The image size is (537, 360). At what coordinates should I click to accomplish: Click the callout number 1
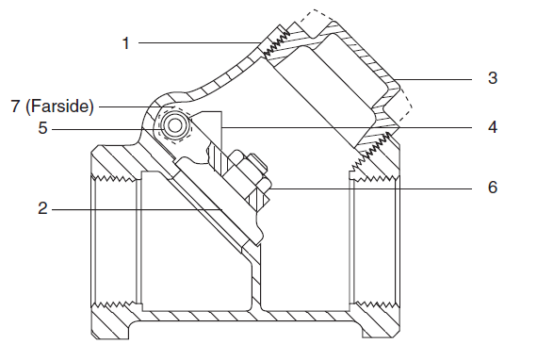(x=126, y=43)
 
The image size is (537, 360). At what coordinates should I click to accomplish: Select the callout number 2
(x=42, y=208)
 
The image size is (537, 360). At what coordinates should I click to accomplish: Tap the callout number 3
(x=493, y=78)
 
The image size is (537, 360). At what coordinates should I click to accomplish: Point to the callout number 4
(x=493, y=127)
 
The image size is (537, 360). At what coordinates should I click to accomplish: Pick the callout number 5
(x=42, y=128)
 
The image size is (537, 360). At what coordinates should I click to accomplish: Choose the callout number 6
(x=493, y=187)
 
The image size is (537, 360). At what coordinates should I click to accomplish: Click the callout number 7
(x=15, y=106)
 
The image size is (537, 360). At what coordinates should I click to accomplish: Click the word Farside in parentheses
(x=59, y=106)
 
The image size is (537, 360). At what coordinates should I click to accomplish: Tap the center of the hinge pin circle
(x=175, y=125)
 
